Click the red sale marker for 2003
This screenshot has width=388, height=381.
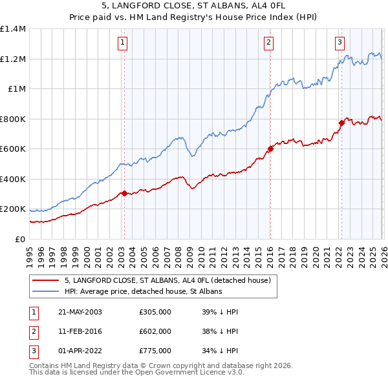coord(124,193)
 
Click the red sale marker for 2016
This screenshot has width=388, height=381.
coord(270,149)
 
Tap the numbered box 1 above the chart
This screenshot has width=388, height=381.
coord(122,43)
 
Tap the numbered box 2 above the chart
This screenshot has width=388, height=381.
coord(268,43)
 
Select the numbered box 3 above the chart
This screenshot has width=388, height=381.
coord(339,43)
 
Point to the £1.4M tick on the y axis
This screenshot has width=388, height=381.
coord(13,29)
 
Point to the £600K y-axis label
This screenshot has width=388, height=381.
coord(13,149)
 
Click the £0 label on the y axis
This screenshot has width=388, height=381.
coord(19,239)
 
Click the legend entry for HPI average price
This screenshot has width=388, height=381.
coord(143,292)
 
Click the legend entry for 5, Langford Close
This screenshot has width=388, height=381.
coord(171,280)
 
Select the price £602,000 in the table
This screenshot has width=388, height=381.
coord(155,331)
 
